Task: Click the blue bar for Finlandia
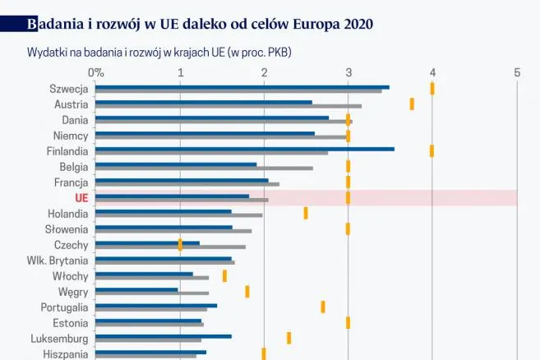pos(244,149)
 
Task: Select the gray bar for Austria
pos(228,106)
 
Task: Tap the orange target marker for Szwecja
pos(432,88)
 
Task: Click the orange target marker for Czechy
pos(180,244)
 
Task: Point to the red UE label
pos(81,198)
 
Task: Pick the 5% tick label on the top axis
pos(516,72)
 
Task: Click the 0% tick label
pos(96,72)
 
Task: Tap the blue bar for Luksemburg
pos(164,335)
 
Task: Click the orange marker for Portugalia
pos(323,307)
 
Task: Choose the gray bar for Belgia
pos(204,168)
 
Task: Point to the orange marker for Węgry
pos(247,291)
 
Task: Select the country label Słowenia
pos(67,228)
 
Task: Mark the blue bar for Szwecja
pos(242,86)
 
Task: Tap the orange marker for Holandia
pos(306,213)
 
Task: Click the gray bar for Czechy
pos(170,247)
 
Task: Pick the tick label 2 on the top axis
pos(264,72)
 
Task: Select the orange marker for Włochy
pos(224,275)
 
